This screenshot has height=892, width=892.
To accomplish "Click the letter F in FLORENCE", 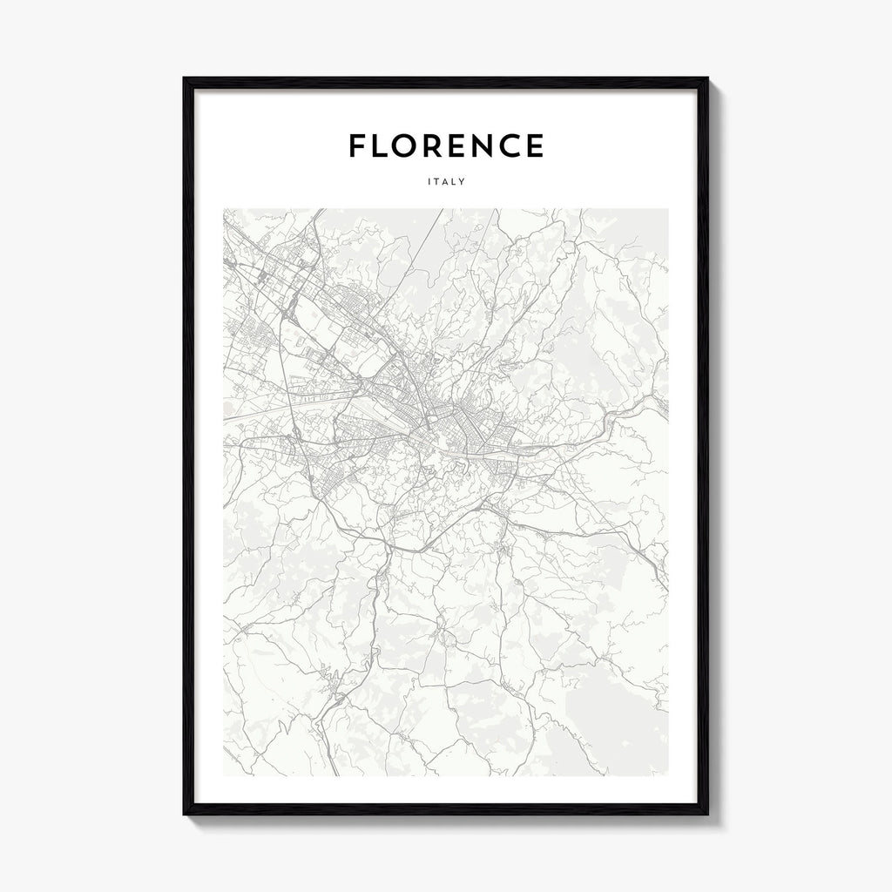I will [x=357, y=146].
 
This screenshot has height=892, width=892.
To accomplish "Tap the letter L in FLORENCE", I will [x=381, y=146].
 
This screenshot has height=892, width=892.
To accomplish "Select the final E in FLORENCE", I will [x=537, y=146].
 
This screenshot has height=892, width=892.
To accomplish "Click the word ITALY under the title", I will [x=446, y=182].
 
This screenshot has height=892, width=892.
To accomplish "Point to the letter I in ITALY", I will [x=430, y=182].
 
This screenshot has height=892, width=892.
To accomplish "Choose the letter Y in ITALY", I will [x=462, y=182].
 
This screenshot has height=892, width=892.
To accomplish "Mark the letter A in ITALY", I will [x=446, y=182].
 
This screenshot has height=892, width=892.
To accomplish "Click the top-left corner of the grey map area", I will [x=224, y=209].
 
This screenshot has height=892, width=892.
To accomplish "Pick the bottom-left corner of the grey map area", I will [x=224, y=774].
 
